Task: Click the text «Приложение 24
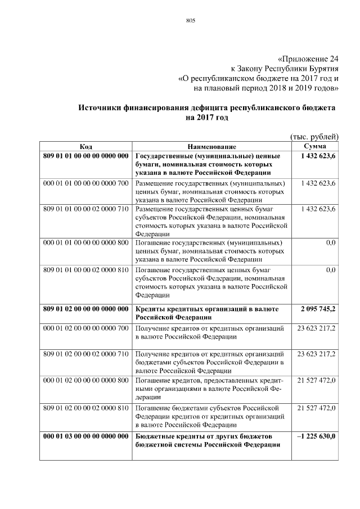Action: (x=308, y=58)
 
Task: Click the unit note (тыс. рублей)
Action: (x=314, y=136)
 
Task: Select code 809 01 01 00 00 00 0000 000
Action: (x=86, y=156)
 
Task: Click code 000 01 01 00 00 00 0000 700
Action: (x=86, y=183)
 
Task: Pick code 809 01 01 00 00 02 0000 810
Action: (x=86, y=270)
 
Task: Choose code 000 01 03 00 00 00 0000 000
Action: (x=86, y=436)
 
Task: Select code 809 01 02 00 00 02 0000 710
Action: (x=86, y=354)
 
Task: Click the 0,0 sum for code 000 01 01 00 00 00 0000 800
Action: (x=331, y=242)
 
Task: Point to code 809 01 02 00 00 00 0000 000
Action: (x=86, y=309)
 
